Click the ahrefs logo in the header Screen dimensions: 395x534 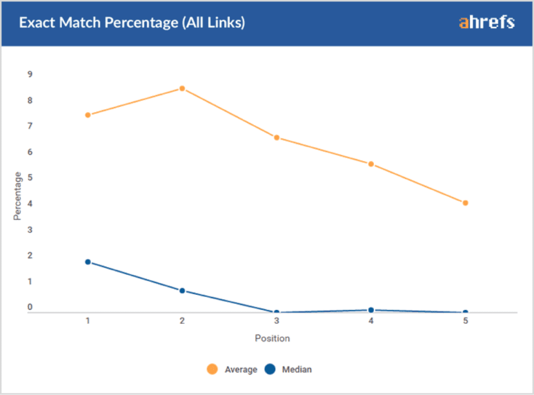coord(487,22)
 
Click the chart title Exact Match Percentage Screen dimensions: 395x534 coord(132,23)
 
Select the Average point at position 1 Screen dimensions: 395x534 coord(88,115)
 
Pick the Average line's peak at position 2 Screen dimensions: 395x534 coord(182,88)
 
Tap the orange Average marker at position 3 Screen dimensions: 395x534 coord(276,137)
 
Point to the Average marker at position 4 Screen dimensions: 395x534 coord(370,164)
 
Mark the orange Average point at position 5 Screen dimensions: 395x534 coord(465,203)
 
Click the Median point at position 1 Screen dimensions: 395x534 coord(88,262)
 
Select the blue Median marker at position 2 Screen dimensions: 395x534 coord(182,290)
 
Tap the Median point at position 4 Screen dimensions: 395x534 coord(370,310)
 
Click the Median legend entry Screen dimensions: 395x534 coord(289,369)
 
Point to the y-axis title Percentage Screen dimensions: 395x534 coord(18,196)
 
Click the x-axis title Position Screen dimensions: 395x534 coord(273,338)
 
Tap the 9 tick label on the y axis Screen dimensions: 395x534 coord(30,75)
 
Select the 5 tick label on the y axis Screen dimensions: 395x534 coord(30,178)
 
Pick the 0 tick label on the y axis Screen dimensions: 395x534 coord(30,307)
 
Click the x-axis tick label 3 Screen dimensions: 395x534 coord(276,322)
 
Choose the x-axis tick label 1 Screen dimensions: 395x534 coord(88,322)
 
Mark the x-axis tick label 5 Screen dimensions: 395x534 coord(465,322)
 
